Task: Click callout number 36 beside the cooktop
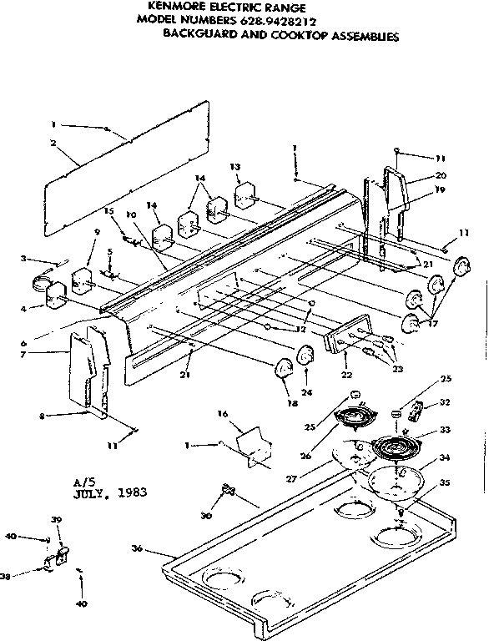click(138, 548)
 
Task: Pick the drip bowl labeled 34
click(394, 480)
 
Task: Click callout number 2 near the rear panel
click(53, 143)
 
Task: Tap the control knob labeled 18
click(283, 366)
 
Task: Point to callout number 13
click(235, 167)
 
